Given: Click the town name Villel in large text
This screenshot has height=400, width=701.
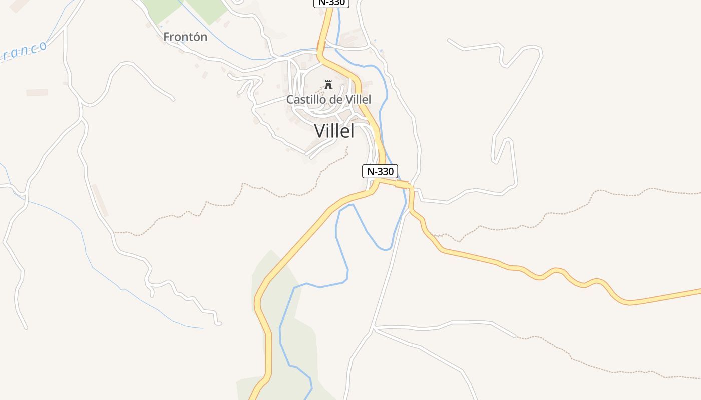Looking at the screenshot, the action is [x=334, y=131].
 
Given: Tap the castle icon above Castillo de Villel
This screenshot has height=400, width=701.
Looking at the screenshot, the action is [x=328, y=84].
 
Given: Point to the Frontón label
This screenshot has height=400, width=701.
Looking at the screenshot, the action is [x=185, y=37].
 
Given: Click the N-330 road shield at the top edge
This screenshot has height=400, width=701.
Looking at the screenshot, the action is [x=331, y=3].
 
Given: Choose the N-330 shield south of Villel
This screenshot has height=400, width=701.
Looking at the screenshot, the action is [x=380, y=171].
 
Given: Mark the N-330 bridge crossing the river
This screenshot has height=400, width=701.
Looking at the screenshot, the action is [x=402, y=185].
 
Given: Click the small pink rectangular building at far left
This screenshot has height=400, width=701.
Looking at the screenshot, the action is [x=37, y=92].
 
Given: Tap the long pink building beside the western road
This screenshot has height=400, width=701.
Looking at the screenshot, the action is [x=100, y=200].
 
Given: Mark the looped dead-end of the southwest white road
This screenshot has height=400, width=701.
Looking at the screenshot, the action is [x=218, y=323].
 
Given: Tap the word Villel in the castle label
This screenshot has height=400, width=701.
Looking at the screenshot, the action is [x=359, y=100].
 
